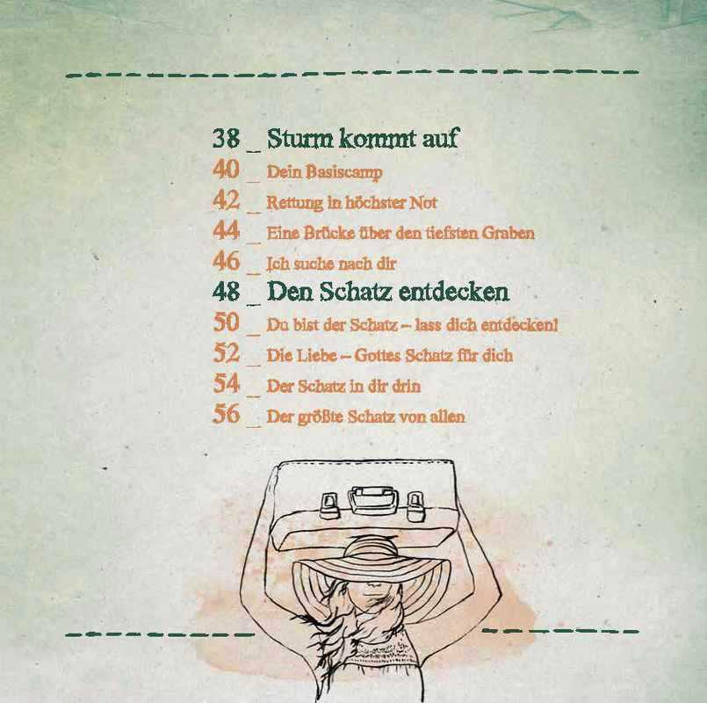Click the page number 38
pos(226,138)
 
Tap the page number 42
pos(226,199)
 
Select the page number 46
pos(226,261)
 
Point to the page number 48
pos(226,292)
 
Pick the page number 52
pos(226,353)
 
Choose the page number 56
pos(226,414)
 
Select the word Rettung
pos(295,203)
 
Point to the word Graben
pos(509,233)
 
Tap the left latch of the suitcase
pos(328,505)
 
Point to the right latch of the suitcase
pos(415,505)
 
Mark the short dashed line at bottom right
pos(560,631)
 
